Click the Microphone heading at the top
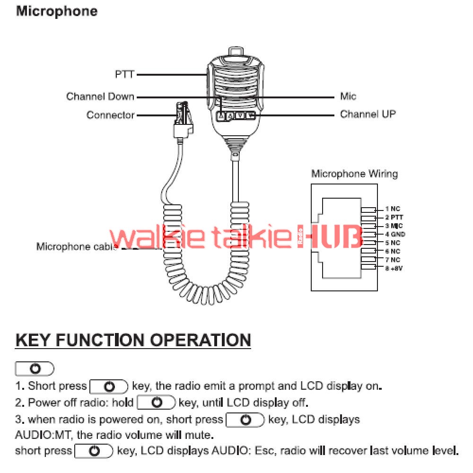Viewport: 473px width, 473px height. tap(57, 12)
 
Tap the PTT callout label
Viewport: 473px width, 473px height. tap(124, 74)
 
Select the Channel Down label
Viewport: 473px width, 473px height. tap(100, 96)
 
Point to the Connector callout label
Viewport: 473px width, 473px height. tap(110, 115)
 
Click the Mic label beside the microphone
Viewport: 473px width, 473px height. tap(348, 96)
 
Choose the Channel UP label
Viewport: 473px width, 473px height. tap(368, 114)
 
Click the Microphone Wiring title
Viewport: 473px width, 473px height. tap(354, 174)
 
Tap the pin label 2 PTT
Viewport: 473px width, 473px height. tap(394, 217)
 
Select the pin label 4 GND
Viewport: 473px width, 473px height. tap(395, 234)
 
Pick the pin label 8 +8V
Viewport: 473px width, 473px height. tap(394, 268)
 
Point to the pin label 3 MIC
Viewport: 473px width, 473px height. tap(394, 226)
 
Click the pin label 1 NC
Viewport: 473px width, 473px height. tap(393, 209)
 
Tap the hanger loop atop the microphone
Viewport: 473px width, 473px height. tap(236, 51)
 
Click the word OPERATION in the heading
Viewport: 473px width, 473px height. tap(200, 340)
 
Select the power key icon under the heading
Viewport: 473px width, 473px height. tap(35, 368)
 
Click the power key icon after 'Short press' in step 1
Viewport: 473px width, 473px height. tap(109, 386)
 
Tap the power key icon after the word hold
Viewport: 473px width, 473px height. tap(156, 403)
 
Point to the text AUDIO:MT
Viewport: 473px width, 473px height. tap(43, 435)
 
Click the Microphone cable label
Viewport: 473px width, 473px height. tap(77, 246)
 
